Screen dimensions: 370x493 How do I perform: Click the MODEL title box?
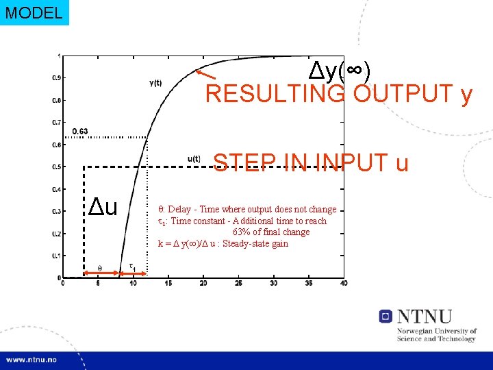point(34,12)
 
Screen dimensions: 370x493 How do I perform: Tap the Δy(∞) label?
point(340,69)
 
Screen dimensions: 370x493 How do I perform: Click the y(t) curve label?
point(155,84)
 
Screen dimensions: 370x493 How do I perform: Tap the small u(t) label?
point(194,159)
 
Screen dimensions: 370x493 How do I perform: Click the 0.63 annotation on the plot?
point(79,132)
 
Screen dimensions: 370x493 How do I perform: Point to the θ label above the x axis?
point(99,268)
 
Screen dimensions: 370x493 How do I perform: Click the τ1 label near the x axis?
point(132,267)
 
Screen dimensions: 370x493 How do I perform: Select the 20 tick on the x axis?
point(203,284)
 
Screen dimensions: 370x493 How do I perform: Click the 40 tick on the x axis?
point(343,284)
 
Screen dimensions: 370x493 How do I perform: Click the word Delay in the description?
point(179,210)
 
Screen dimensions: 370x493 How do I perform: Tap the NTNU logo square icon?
point(385,317)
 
